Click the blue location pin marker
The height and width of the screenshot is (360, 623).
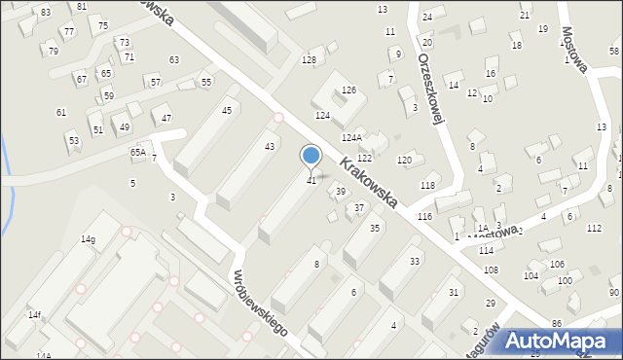coord(311,156)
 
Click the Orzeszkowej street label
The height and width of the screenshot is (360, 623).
coord(430,86)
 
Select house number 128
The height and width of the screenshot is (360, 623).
coord(309,60)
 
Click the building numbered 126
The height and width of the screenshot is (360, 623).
coord(348,90)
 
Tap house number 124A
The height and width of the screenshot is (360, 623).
coord(351,138)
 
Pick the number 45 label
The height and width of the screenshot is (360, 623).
coord(227,110)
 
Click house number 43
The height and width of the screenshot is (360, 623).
coord(270,146)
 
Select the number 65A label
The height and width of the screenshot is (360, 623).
coord(138,153)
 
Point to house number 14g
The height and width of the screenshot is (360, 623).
coord(88,239)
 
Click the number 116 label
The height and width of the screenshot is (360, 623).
coord(424,215)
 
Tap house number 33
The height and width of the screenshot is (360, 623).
coord(415,261)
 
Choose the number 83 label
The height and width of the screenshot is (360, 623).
coord(46,12)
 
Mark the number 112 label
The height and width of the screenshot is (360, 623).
coord(594,228)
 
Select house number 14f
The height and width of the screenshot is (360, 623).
coord(34,314)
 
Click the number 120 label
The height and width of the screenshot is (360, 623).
coord(404,160)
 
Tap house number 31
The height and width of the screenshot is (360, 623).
coord(454,293)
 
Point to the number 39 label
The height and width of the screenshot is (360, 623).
coord(340,192)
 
